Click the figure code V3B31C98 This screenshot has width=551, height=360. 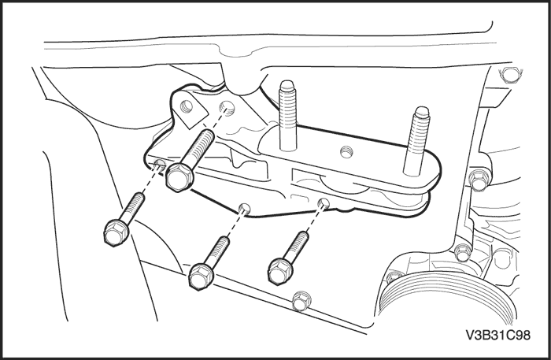(498, 335)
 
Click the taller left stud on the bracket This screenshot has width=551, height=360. (288, 115)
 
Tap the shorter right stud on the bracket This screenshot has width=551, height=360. (416, 141)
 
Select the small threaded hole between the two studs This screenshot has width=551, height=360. (346, 152)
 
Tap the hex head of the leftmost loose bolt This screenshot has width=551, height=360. (116, 232)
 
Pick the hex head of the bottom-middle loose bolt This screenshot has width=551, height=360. (201, 276)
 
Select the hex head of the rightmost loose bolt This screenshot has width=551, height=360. (280, 271)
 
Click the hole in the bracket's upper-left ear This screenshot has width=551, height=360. (186, 106)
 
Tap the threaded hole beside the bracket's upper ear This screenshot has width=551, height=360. (227, 108)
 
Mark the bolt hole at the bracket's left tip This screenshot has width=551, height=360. (160, 163)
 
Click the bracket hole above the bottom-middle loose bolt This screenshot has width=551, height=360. (244, 208)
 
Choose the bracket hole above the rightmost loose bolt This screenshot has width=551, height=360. (324, 202)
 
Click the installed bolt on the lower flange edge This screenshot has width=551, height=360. (301, 301)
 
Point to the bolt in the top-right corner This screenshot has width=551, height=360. (509, 75)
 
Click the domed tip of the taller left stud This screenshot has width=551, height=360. (287, 85)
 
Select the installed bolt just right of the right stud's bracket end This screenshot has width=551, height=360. (479, 180)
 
